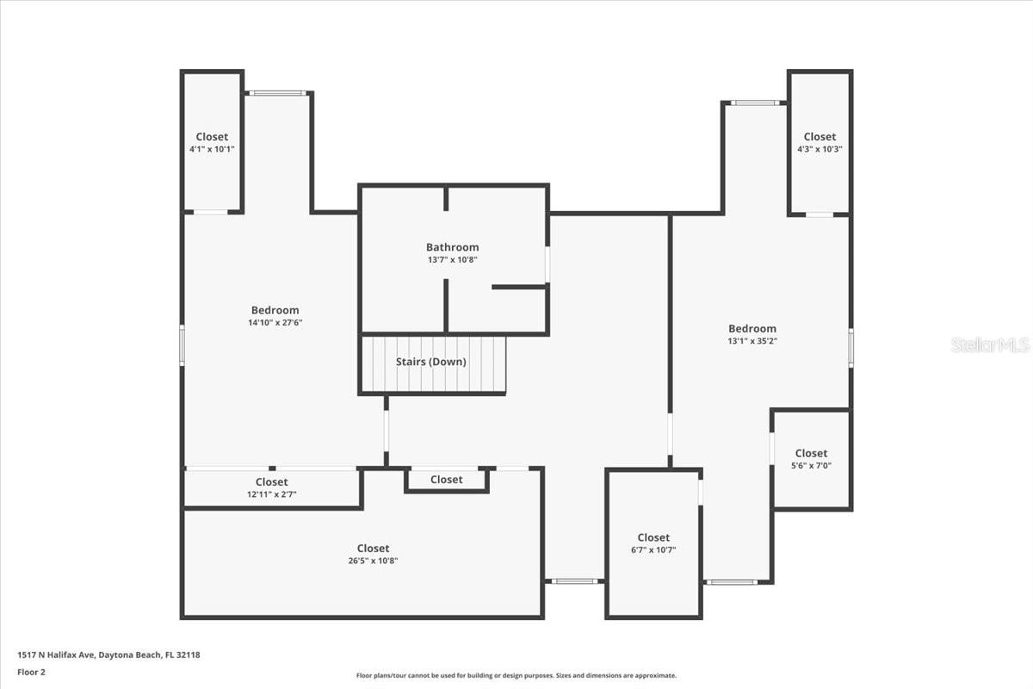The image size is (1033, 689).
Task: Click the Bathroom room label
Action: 452,247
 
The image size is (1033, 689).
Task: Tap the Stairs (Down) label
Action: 431,362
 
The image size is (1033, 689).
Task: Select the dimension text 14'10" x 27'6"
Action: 275,323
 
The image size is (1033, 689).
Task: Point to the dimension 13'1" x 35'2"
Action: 752,341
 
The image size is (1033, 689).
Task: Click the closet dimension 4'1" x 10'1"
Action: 212,149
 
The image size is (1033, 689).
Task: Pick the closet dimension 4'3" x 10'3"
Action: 820,149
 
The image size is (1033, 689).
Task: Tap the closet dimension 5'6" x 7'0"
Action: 811,466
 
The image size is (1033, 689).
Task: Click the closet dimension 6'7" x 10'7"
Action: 653,550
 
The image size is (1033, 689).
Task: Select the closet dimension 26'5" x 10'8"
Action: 373,561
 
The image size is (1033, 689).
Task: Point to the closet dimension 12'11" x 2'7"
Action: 272,494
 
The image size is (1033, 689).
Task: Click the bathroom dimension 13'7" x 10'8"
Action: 452,260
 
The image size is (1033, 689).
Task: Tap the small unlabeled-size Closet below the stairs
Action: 446,480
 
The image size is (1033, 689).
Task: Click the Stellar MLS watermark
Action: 990,344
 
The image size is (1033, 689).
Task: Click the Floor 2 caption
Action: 31,672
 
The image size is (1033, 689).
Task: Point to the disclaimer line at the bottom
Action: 516,676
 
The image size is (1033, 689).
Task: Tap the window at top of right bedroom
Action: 755,103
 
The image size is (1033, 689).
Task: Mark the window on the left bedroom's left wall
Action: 182,344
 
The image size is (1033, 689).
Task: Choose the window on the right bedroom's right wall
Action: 851,348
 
